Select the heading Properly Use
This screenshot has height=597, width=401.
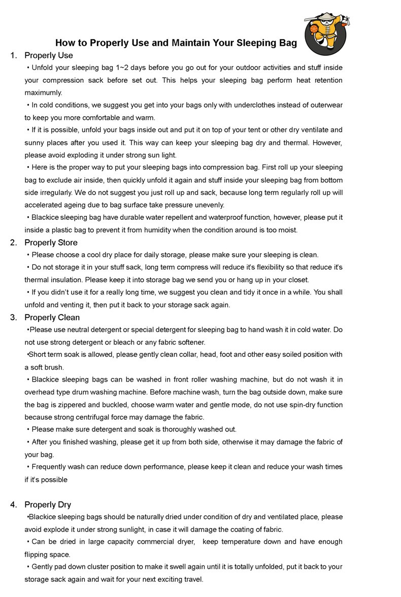[49, 55]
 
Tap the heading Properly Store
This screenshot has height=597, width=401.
[51, 242]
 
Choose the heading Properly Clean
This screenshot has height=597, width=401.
[52, 317]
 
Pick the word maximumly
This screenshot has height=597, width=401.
[43, 92]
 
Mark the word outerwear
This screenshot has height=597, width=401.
[325, 105]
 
